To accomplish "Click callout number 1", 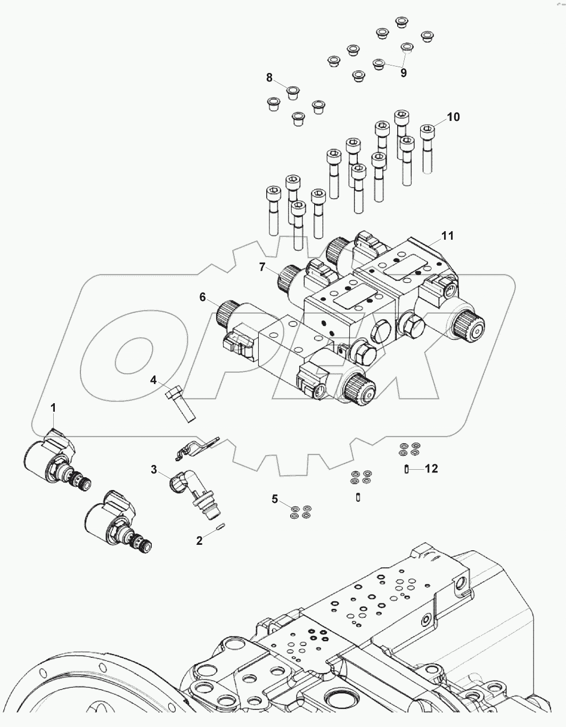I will pyautogui.click(x=53, y=407).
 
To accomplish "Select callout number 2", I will pyautogui.click(x=199, y=541).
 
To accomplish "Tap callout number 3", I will pyautogui.click(x=154, y=469).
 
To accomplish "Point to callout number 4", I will pyautogui.click(x=153, y=380).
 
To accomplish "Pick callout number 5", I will pyautogui.click(x=275, y=499).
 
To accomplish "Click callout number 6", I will pyautogui.click(x=202, y=297).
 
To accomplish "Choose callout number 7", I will pyautogui.click(x=262, y=267).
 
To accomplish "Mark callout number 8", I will pyautogui.click(x=269, y=78).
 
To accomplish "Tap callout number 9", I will pyautogui.click(x=404, y=73).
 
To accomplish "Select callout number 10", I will pyautogui.click(x=453, y=117).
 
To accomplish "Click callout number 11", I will pyautogui.click(x=447, y=235).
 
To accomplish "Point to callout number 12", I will pyautogui.click(x=431, y=469).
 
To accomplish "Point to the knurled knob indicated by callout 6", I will pyautogui.click(x=226, y=313).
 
